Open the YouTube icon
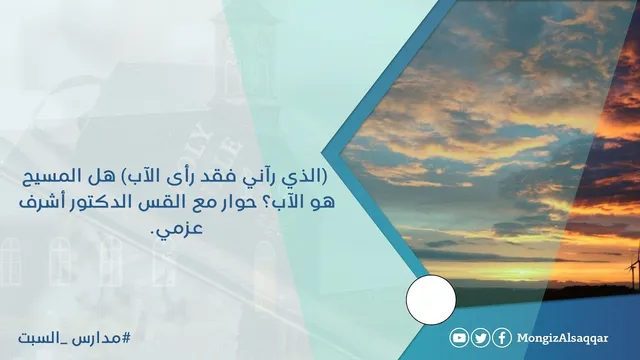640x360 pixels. click(459, 338)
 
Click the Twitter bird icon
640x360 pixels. click(481, 338)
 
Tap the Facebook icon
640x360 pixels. click(502, 338)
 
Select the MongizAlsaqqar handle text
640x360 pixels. click(562, 338)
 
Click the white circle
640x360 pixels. click(431, 300)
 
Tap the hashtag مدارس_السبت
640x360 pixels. click(74, 338)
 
